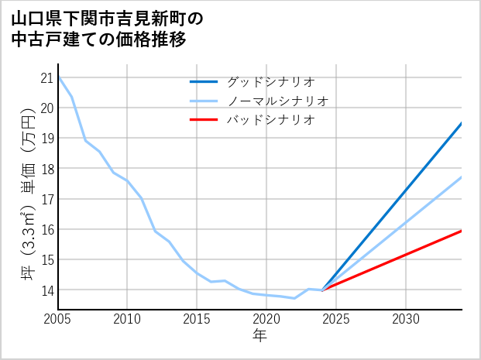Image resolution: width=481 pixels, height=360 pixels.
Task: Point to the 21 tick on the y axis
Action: [x=46, y=77]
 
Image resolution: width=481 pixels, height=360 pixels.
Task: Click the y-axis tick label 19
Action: [x=46, y=138]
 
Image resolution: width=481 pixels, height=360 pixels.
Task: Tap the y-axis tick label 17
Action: [x=46, y=199]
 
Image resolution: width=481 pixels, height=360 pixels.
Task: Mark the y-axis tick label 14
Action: [x=46, y=290]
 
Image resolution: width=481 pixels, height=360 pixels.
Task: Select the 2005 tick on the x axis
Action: [x=58, y=319]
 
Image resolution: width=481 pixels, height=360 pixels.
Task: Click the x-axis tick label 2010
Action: [x=128, y=319]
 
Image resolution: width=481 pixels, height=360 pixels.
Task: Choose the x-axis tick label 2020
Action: [x=266, y=319]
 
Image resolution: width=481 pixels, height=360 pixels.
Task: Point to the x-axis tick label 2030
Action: [x=406, y=319]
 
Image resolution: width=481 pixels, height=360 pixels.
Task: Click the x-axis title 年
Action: [x=260, y=335]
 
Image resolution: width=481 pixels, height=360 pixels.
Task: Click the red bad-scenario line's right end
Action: [x=462, y=231]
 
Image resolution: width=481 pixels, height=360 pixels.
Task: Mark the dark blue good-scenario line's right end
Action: [x=462, y=123]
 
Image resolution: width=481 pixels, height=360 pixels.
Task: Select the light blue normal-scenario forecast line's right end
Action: [x=462, y=177]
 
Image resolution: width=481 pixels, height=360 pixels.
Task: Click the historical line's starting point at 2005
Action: [x=59, y=77]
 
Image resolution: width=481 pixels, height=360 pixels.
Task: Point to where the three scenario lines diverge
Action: [x=322, y=290]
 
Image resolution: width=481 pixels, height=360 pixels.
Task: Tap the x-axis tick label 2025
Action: [x=336, y=319]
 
